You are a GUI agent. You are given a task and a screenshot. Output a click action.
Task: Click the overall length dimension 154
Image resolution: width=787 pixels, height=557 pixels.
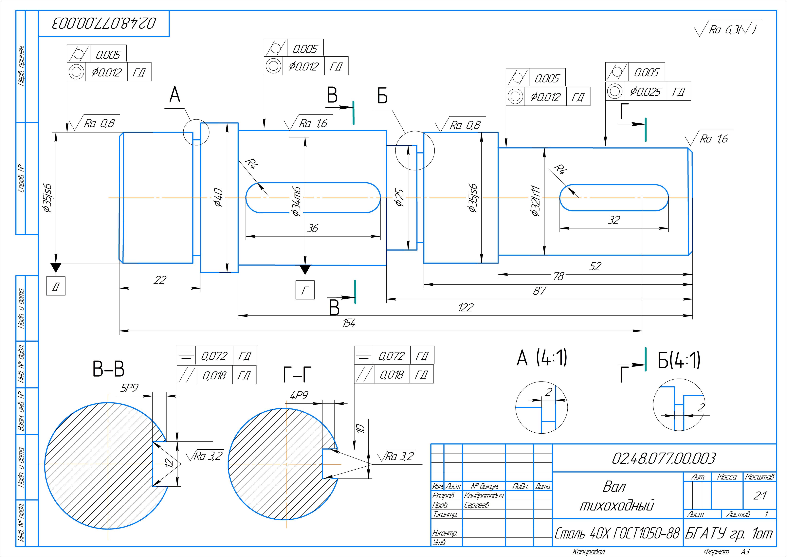[349, 323]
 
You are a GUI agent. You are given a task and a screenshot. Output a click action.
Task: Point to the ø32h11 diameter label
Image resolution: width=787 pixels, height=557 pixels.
[536, 201]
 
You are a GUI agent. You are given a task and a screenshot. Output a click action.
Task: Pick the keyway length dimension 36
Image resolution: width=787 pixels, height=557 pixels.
[312, 228]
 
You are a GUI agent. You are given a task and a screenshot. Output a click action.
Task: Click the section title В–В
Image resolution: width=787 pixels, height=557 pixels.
[108, 369]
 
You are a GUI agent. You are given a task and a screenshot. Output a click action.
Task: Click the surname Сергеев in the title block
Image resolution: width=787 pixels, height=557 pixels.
[477, 505]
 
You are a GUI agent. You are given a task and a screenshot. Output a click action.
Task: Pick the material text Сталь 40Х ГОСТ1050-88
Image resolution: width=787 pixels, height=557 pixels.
[617, 533]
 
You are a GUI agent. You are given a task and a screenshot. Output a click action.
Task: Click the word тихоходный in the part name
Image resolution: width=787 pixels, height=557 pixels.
[616, 506]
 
